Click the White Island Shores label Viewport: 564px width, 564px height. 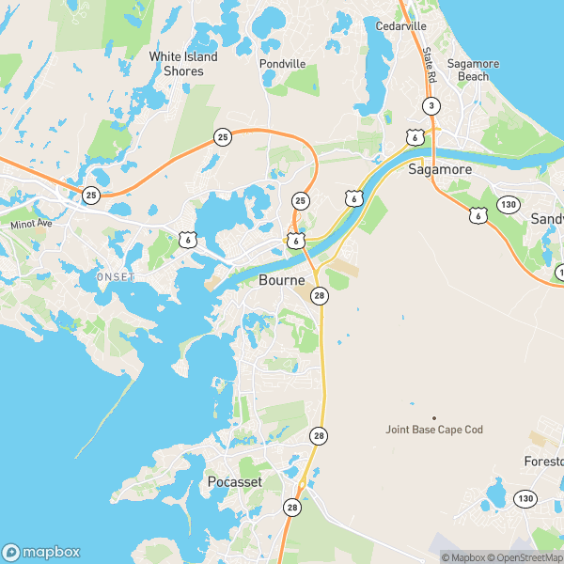coord(182,64)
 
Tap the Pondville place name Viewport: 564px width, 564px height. coord(283,64)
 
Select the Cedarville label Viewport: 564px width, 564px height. coord(401,25)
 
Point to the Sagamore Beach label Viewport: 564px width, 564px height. coord(473,70)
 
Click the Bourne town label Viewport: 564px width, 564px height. coord(281,281)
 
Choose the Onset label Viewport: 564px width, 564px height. coord(116,276)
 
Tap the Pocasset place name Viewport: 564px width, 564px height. coord(234,482)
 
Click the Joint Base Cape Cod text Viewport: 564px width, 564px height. coord(434,430)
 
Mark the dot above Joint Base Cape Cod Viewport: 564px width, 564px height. coord(434,417)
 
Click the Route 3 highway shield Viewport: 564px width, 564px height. coord(431,105)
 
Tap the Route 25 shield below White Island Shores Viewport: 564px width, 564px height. coord(222,137)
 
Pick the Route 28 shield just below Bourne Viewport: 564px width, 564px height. coord(320,296)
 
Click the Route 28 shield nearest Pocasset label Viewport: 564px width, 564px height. coord(292,507)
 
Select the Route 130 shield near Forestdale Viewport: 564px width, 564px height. coord(525,497)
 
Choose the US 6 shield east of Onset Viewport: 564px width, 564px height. coord(187,241)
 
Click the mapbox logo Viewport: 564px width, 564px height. coord(41,552)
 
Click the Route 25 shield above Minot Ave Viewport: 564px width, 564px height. coord(90,195)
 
